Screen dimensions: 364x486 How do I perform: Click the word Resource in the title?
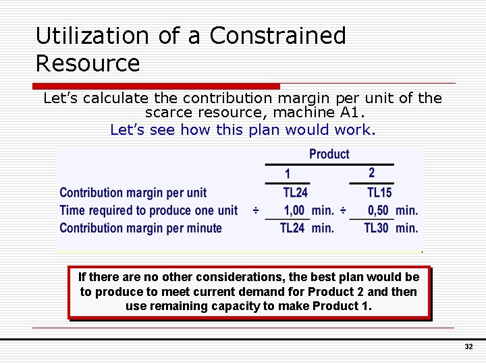pyautogui.click(x=87, y=63)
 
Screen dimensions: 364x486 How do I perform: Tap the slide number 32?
pyautogui.click(x=468, y=346)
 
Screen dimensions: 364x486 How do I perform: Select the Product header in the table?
pyautogui.click(x=329, y=154)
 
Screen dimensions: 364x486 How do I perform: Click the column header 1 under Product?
pyautogui.click(x=288, y=173)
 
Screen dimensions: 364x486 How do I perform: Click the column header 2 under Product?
pyautogui.click(x=371, y=173)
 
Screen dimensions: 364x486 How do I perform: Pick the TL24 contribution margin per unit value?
pyautogui.click(x=295, y=193)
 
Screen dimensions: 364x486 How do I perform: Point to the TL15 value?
pyautogui.click(x=379, y=193)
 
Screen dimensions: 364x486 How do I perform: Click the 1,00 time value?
pyautogui.click(x=294, y=210)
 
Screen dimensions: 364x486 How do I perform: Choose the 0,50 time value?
pyautogui.click(x=378, y=210)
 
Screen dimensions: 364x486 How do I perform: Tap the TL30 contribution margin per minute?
pyautogui.click(x=376, y=228)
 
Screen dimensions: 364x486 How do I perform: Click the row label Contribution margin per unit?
pyautogui.click(x=133, y=193)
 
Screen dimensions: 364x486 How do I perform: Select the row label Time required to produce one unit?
pyautogui.click(x=148, y=210)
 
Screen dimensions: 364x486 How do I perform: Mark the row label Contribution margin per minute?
pyautogui.click(x=140, y=228)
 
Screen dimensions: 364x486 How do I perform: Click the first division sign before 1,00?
pyautogui.click(x=256, y=210)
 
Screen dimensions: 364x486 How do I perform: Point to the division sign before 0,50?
pyautogui.click(x=343, y=210)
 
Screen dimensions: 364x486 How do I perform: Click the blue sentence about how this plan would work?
pyautogui.click(x=242, y=129)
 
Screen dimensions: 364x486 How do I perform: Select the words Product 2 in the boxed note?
pyautogui.click(x=331, y=292)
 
